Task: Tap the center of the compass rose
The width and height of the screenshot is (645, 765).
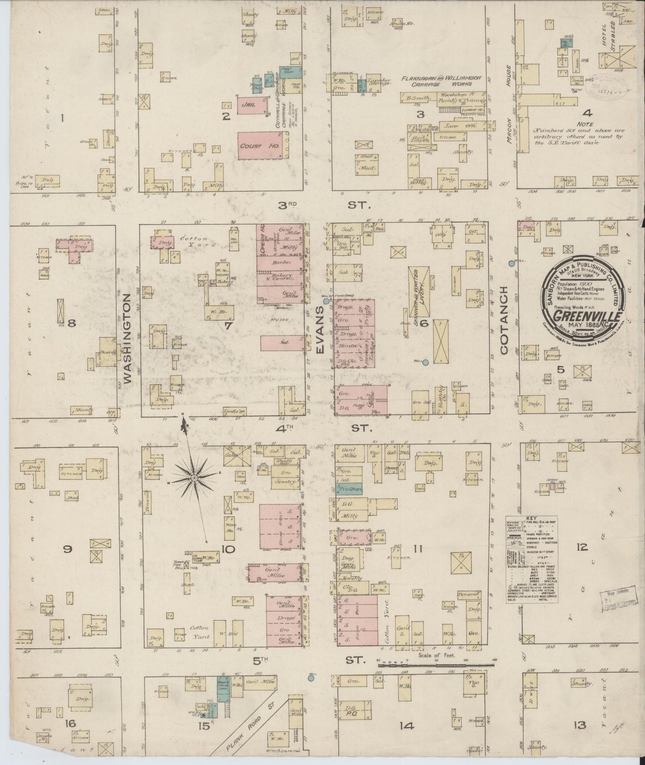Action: (x=194, y=478)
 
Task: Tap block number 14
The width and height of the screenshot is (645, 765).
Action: (x=406, y=726)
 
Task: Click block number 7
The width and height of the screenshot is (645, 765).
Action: (x=228, y=326)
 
